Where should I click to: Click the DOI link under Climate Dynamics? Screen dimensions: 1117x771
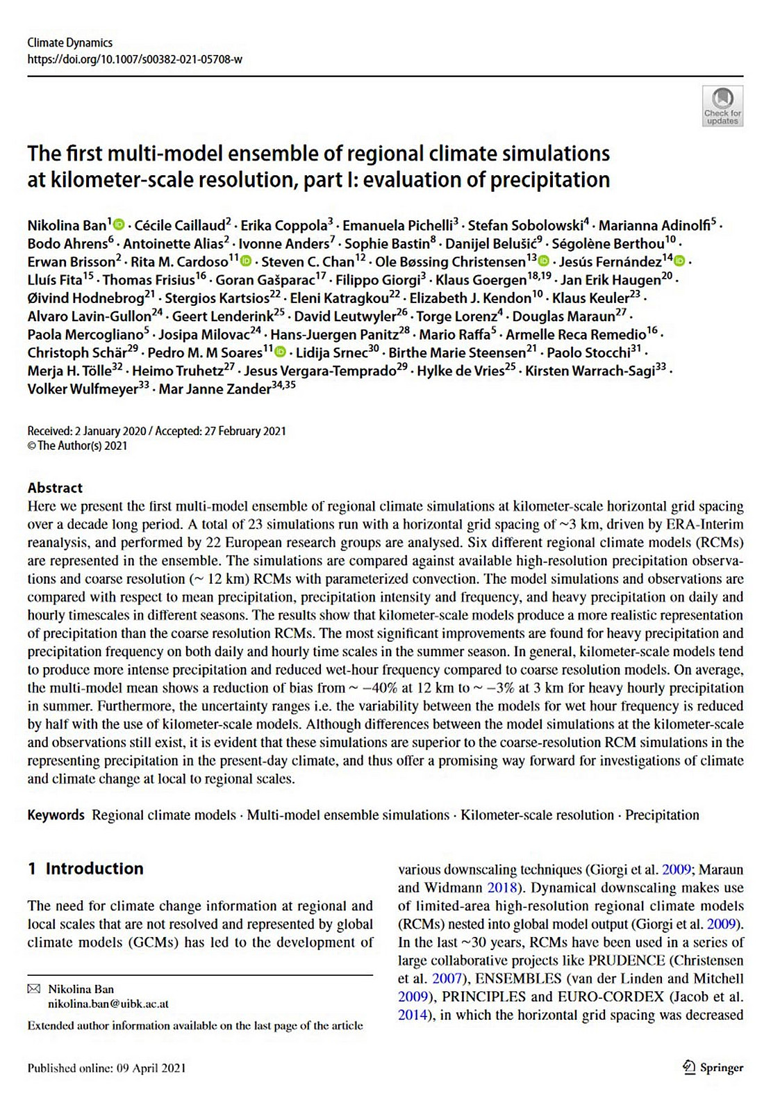coord(135,59)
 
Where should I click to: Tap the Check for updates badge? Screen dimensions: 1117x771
coord(722,106)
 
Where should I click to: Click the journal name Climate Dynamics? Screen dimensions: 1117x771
coord(69,42)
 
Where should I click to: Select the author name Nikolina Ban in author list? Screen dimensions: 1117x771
coord(67,225)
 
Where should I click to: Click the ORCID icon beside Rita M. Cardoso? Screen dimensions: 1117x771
coord(245,262)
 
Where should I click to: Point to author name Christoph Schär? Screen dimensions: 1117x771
coord(77,352)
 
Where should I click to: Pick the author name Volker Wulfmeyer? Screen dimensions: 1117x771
coord(83,389)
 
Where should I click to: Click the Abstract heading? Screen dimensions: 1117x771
coord(55,488)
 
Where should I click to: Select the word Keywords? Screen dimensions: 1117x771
coord(56,815)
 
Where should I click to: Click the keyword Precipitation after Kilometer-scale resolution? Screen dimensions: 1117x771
coord(662,815)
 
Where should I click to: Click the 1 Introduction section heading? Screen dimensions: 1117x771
coord(85,869)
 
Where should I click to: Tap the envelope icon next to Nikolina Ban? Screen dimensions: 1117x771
coord(33,989)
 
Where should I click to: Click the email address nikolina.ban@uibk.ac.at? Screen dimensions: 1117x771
coord(108,1004)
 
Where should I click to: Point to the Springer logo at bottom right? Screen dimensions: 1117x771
coord(713,1068)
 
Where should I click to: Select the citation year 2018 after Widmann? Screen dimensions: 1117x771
coord(502,888)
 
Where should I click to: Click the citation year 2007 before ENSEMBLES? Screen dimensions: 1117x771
coord(447,979)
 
